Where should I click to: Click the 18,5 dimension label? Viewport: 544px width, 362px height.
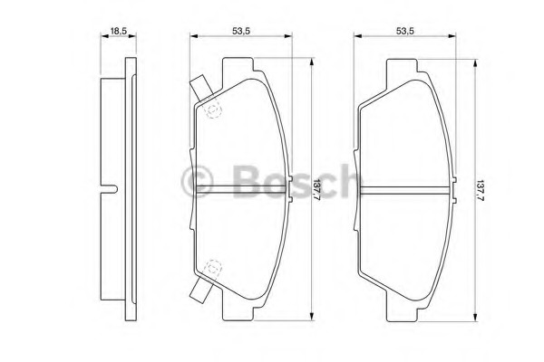point(118,31)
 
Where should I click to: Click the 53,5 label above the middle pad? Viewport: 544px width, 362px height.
point(241,31)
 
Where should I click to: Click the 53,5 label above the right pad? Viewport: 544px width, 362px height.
point(405,31)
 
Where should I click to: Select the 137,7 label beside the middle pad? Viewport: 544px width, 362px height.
point(317,190)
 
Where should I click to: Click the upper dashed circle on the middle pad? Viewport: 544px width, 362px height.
point(214,109)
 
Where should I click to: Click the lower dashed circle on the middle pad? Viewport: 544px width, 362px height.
point(213,269)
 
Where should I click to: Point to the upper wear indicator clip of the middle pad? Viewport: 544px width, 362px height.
point(201,87)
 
